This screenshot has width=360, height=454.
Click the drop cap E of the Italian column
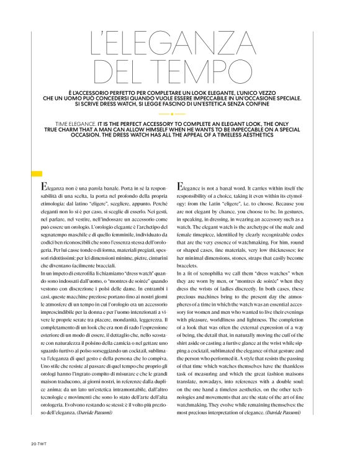point(42,187)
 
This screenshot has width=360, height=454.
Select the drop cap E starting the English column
point(181,187)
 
